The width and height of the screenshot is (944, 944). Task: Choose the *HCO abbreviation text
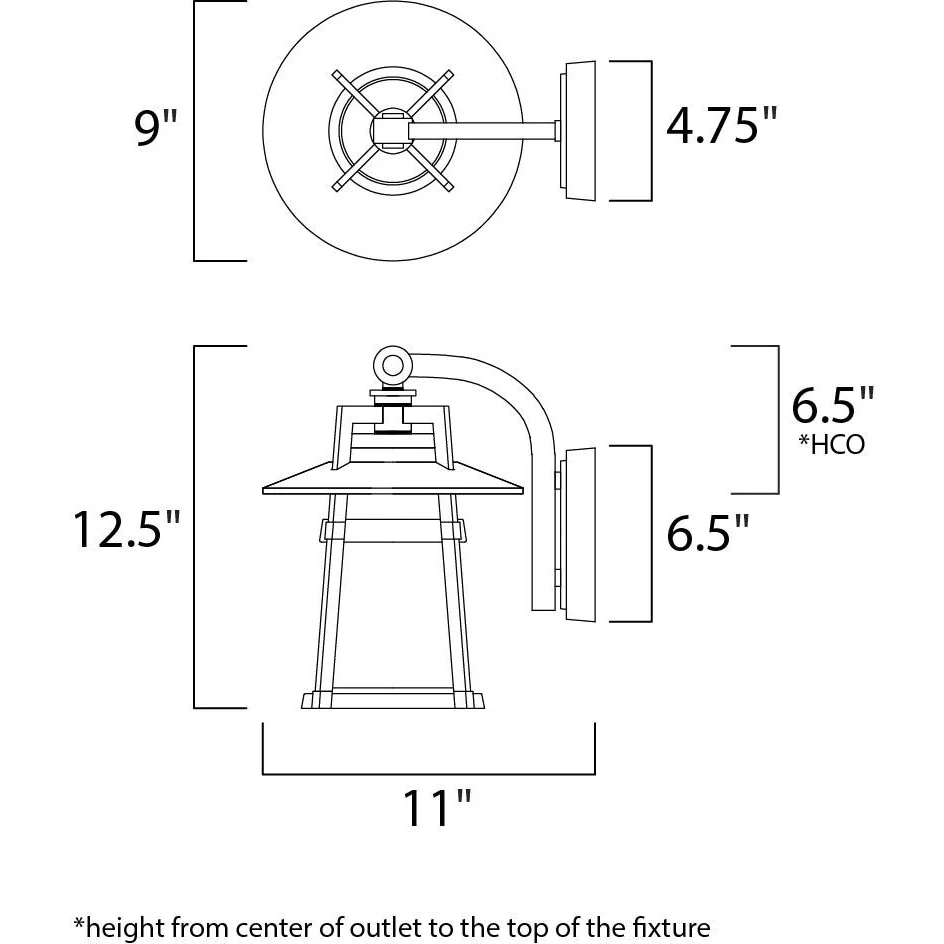point(831,444)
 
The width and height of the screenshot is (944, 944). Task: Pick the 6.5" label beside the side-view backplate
point(708,532)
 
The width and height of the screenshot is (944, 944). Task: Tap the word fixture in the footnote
point(670,927)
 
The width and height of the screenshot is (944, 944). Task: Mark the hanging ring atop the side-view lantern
point(393,365)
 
